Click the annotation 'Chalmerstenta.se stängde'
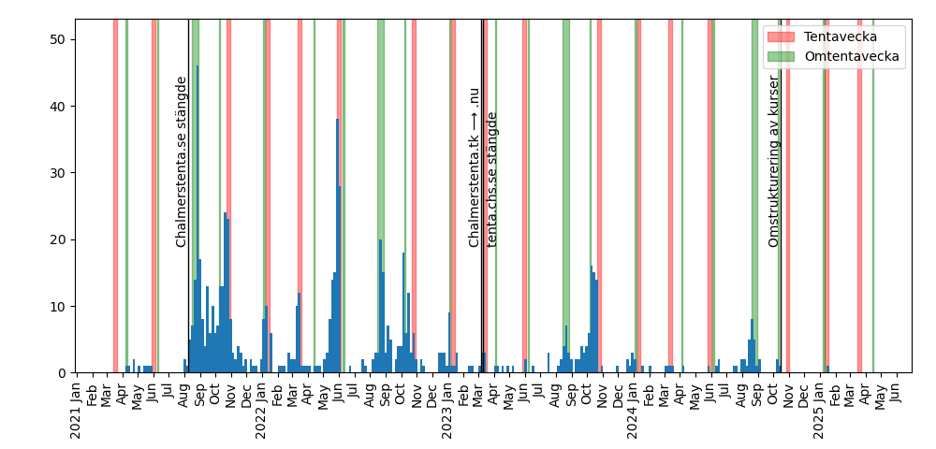[x=182, y=162]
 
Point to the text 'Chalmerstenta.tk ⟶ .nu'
[x=475, y=167]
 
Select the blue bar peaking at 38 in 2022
[x=338, y=248]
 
